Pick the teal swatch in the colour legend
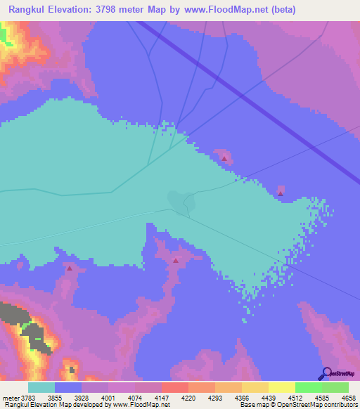pyautogui.click(x=41, y=387)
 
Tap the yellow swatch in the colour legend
pyautogui.click(x=282, y=387)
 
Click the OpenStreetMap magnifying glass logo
pyautogui.click(x=325, y=372)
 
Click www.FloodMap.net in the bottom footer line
pyautogui.click(x=140, y=404)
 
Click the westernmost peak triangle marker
pyautogui.click(x=70, y=268)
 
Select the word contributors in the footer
pyautogui.click(x=341, y=404)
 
